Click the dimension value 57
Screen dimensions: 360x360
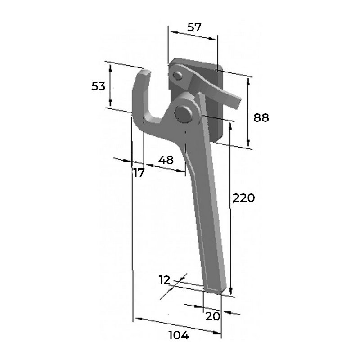pyautogui.click(x=194, y=27)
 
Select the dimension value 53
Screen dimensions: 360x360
pyautogui.click(x=98, y=86)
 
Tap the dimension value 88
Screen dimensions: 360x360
pyautogui.click(x=261, y=118)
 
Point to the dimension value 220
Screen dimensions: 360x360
pyautogui.click(x=244, y=198)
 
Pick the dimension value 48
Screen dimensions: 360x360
pyautogui.click(x=166, y=160)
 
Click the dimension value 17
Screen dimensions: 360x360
pyautogui.click(x=139, y=173)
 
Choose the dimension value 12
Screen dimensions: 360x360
pyautogui.click(x=165, y=280)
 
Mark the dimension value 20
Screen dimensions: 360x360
pyautogui.click(x=212, y=316)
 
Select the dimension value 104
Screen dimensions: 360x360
pyautogui.click(x=179, y=335)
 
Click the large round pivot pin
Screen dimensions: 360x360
pyautogui.click(x=183, y=114)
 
